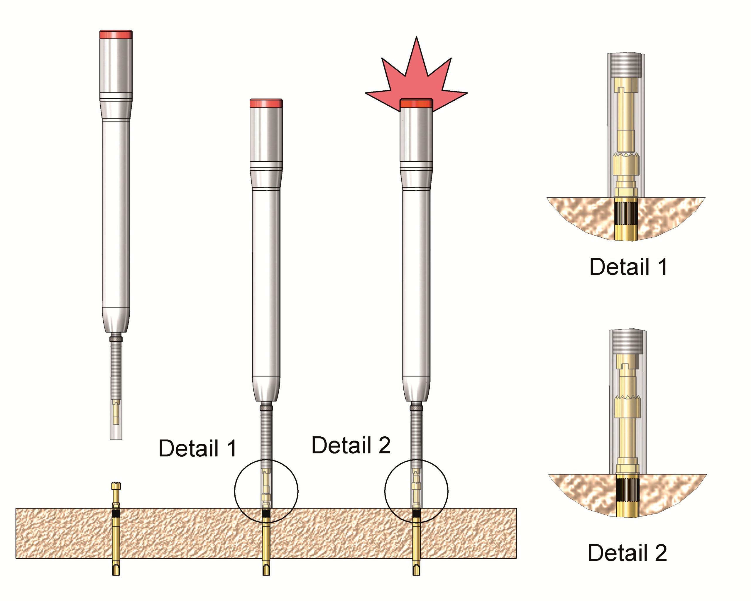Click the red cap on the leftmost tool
(116, 35)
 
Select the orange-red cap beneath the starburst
(416, 104)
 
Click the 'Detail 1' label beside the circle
(198, 448)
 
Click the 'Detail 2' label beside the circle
(351, 445)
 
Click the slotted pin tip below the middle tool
(266, 570)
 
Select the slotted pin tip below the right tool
(416, 570)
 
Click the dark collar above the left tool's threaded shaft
(116, 339)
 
